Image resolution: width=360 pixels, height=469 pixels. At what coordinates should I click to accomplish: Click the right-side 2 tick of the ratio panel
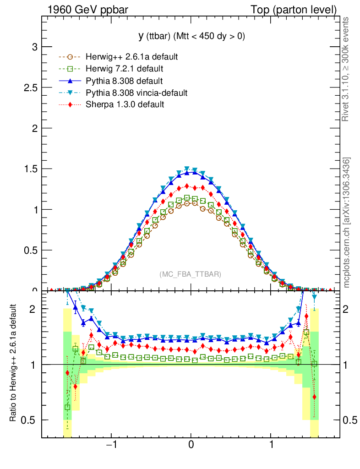(349, 309)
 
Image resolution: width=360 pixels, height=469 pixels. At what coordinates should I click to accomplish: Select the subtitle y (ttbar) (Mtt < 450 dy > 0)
(191, 37)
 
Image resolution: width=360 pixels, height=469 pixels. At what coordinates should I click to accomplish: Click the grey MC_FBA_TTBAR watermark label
(190, 274)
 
